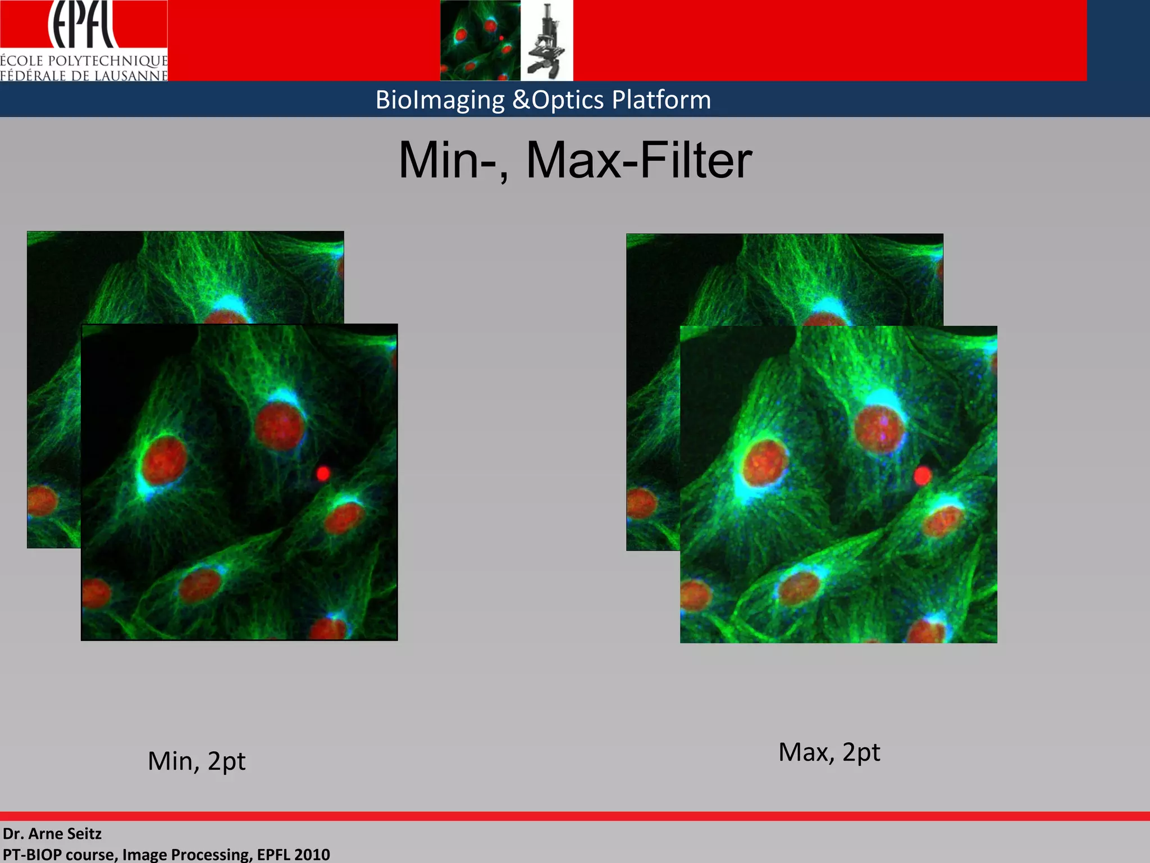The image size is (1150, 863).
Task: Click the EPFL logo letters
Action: [x=83, y=25]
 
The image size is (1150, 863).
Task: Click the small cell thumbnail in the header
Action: [x=480, y=40]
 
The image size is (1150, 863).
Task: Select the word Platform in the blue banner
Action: [x=661, y=100]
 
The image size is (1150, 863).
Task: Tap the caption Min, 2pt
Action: [x=197, y=761]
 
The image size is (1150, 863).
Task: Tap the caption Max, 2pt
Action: [x=829, y=752]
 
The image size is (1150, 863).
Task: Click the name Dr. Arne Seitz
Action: [x=52, y=834]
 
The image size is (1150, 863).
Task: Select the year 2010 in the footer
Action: [x=312, y=855]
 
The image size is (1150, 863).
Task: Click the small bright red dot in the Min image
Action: [x=323, y=474]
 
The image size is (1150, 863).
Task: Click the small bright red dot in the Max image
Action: [x=922, y=476]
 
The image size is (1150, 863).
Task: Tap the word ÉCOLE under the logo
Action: [x=22, y=61]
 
